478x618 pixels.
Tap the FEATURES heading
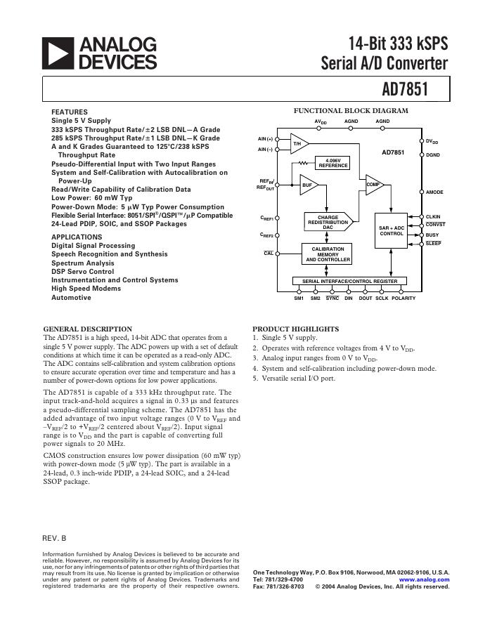69,112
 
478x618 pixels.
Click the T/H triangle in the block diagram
297,144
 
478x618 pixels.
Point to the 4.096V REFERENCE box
333,163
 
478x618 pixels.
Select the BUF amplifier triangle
307,185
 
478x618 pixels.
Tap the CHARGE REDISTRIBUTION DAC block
328,222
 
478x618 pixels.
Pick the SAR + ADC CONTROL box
392,230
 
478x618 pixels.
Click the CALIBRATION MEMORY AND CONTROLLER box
328,254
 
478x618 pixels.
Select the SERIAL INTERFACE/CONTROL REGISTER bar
349,281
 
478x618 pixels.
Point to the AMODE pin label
434,192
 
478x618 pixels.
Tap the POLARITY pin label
403,298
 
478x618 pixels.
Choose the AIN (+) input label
265,139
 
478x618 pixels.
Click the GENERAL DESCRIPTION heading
87,329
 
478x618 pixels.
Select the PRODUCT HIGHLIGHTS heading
295,329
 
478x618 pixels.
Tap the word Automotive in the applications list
71,298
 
